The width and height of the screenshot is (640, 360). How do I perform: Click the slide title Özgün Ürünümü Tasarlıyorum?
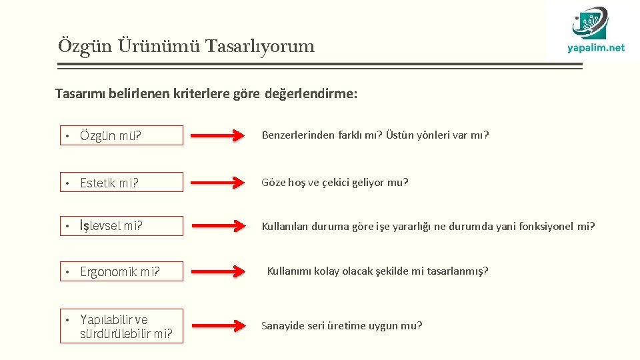coord(186,46)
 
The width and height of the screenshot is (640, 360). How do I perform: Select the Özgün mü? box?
coord(121,135)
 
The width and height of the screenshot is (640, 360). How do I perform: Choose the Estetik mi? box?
coord(121,182)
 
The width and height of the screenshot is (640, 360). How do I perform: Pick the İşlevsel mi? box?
coord(121,225)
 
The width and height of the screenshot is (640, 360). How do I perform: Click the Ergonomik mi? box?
coord(121,271)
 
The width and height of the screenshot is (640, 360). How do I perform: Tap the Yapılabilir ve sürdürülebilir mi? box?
coord(121,327)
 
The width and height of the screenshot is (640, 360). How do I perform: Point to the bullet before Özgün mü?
coord(67,136)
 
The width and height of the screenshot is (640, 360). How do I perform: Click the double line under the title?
coord(320,65)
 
